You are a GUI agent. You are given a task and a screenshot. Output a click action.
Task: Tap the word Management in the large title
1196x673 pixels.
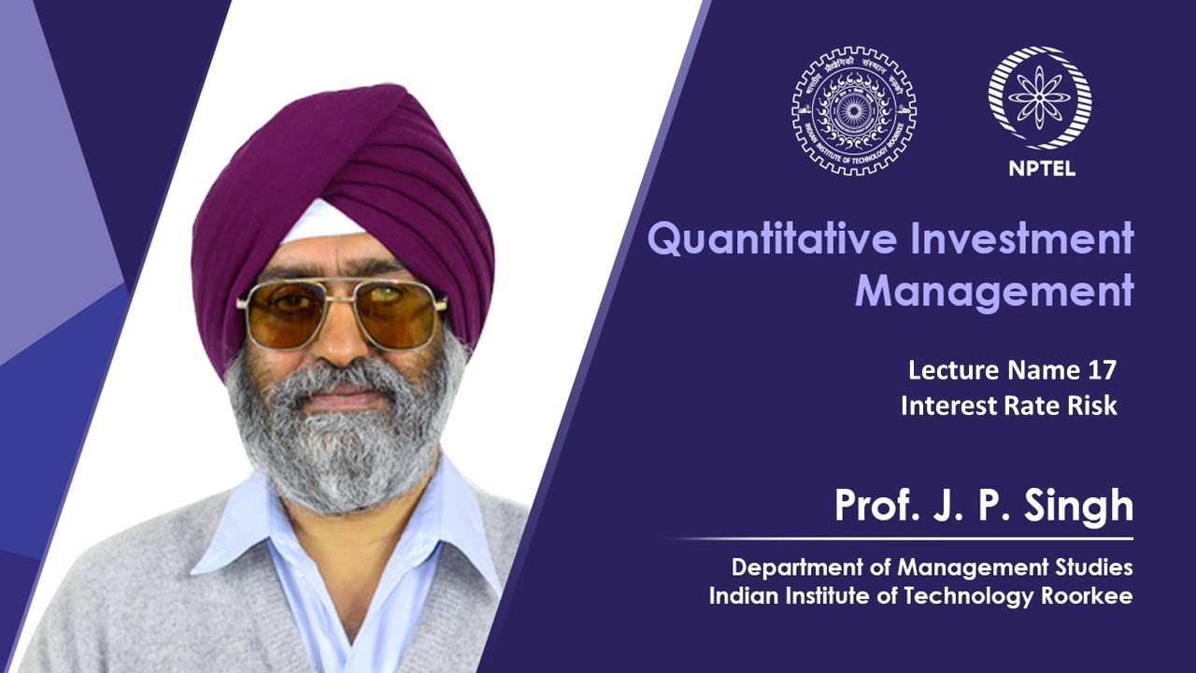click(993, 292)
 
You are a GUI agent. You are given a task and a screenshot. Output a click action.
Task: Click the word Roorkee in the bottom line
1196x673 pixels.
click(1087, 596)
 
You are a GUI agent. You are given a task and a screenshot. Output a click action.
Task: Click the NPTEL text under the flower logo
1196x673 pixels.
click(1041, 170)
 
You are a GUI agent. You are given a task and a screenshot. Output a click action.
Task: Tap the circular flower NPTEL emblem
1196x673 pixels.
click(1040, 98)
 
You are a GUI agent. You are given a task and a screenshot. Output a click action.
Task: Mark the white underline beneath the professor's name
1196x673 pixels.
click(902, 539)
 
